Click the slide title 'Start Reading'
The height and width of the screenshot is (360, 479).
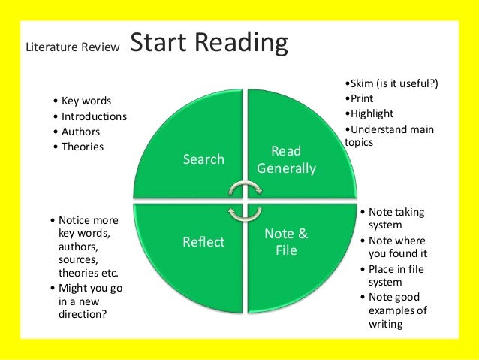209,44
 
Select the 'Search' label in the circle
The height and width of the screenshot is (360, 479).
203,159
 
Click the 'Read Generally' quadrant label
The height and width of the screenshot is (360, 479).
286,160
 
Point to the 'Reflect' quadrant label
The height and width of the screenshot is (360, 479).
203,242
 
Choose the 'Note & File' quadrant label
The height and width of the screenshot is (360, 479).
286,242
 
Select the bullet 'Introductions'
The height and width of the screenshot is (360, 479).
94,116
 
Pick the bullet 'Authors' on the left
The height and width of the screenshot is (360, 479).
80,132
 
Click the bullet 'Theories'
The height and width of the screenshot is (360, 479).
82,147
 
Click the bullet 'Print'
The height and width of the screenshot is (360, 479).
359,98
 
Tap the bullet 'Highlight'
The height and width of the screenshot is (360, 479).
369,113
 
